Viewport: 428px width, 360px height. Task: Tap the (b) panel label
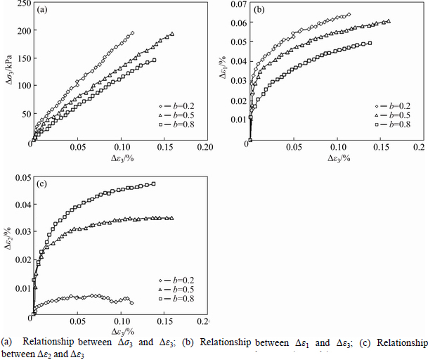[x=259, y=11]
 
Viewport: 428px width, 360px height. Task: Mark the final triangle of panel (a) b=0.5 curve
[x=172, y=34]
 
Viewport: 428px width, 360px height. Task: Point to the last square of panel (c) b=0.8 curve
[x=153, y=184]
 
